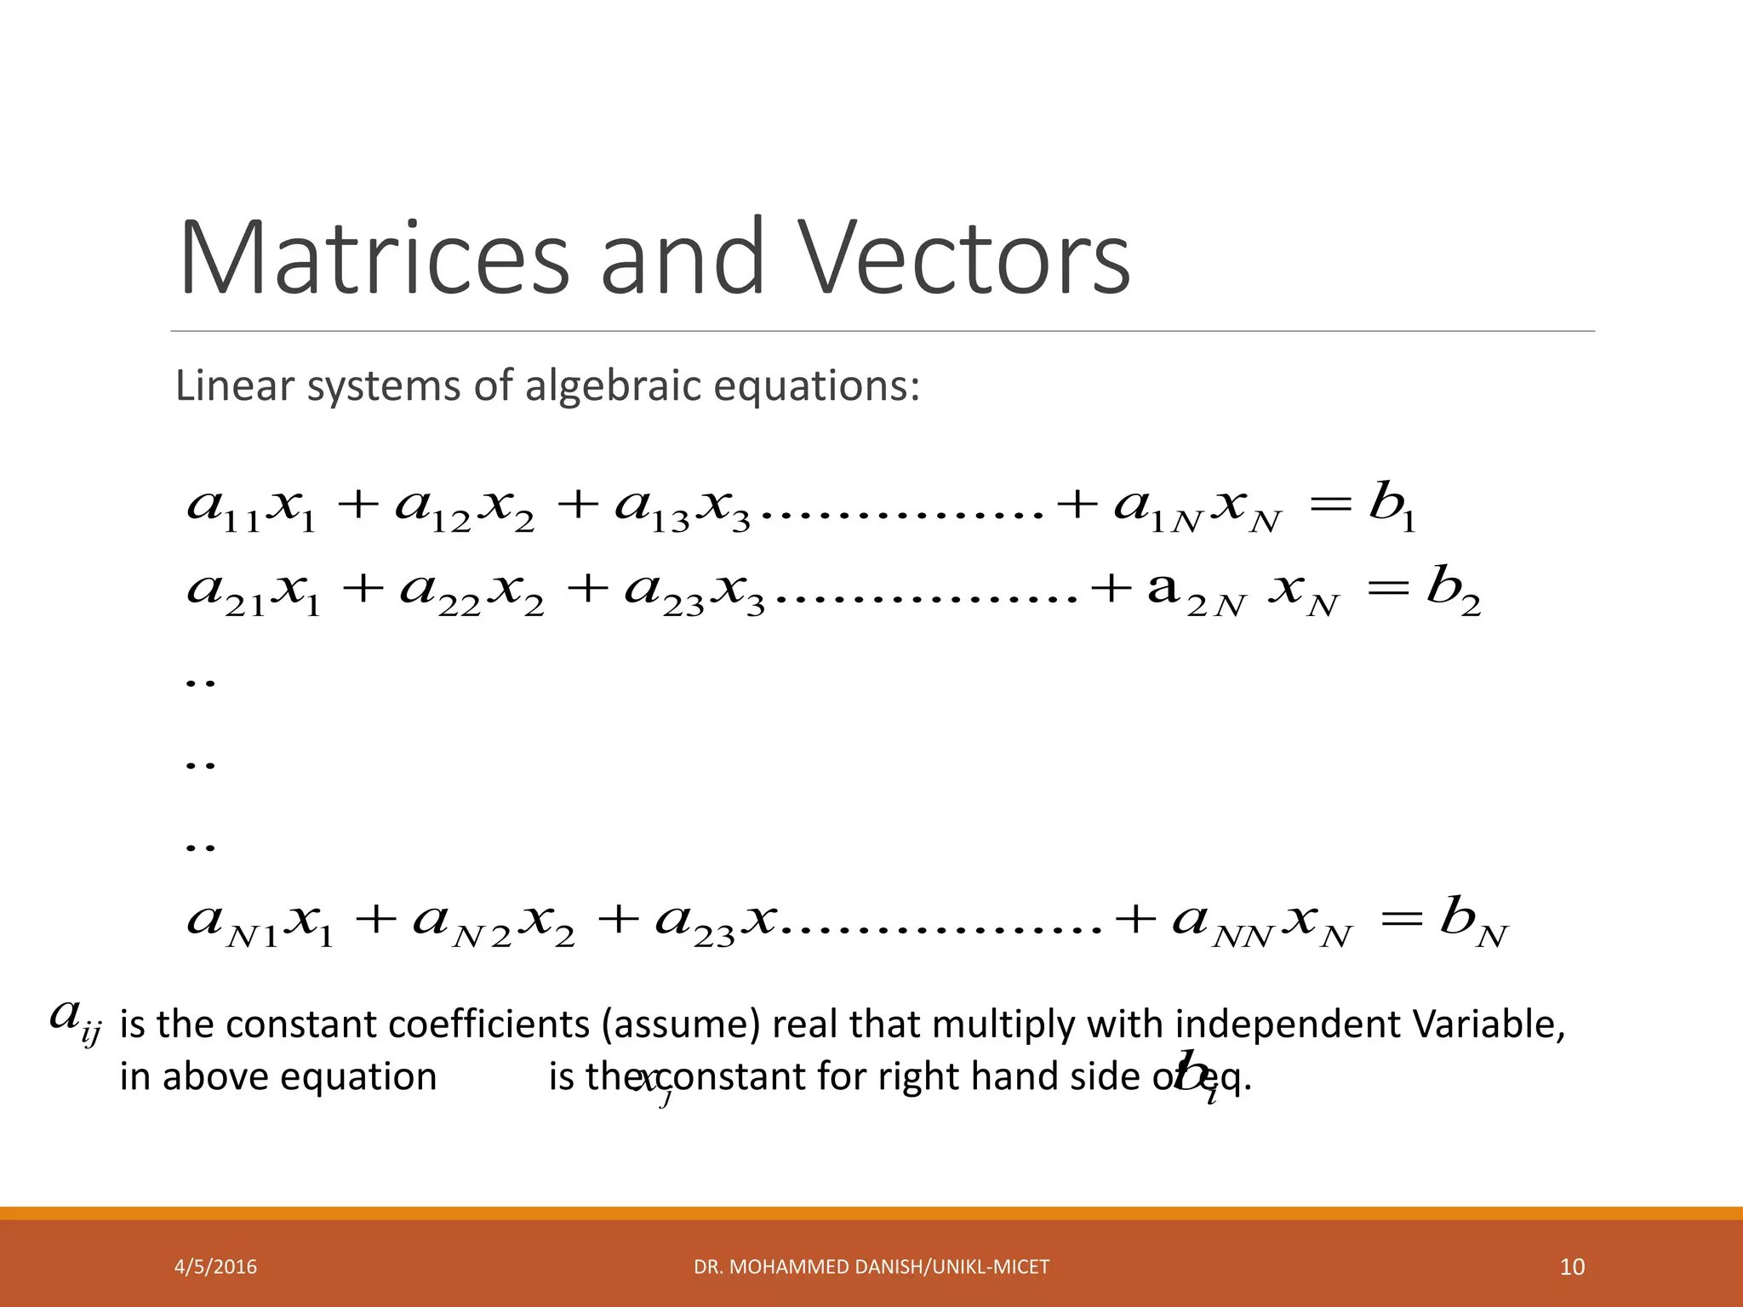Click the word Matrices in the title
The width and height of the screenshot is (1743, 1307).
pos(373,258)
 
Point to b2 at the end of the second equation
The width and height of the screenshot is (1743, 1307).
pos(1454,592)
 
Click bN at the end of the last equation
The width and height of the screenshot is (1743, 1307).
pos(1473,924)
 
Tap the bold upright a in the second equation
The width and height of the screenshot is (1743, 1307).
pos(1163,589)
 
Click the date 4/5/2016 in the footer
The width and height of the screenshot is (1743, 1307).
pos(215,1267)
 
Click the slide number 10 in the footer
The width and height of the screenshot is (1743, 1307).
pos(1572,1267)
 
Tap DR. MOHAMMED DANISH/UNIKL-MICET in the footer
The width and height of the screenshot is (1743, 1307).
pos(871,1267)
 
